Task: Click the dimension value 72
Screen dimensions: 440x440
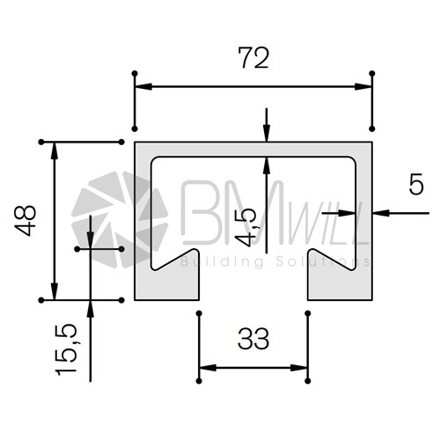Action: (253, 58)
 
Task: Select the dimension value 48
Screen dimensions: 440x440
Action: (26, 221)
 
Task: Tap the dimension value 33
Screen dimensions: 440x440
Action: (253, 339)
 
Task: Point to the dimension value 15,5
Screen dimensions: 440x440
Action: (66, 349)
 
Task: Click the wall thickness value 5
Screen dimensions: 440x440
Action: (416, 184)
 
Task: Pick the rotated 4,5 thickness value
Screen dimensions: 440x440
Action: (246, 227)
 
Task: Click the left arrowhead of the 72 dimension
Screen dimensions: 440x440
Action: (143, 87)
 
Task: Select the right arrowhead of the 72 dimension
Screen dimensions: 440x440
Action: (363, 87)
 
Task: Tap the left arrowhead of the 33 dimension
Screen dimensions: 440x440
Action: (208, 368)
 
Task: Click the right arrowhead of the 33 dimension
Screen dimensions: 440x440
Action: (299, 368)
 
